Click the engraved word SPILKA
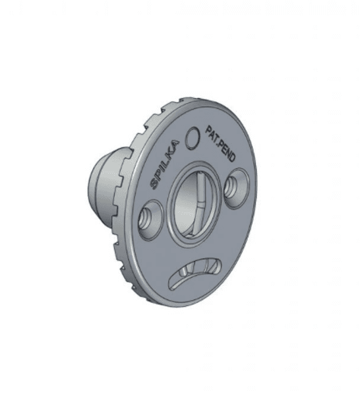point(165,164)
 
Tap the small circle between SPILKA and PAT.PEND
point(193,138)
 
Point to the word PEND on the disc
point(227,152)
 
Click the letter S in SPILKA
point(154,184)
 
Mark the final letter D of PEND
point(232,157)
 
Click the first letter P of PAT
point(208,129)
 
